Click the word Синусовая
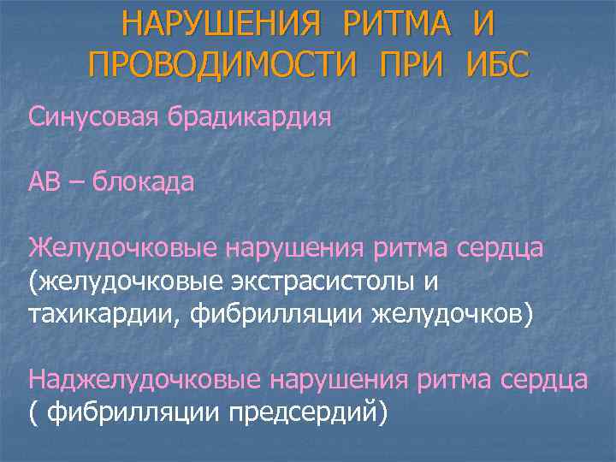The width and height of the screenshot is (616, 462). point(90,116)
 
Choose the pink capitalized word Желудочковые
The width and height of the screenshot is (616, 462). point(122,248)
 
